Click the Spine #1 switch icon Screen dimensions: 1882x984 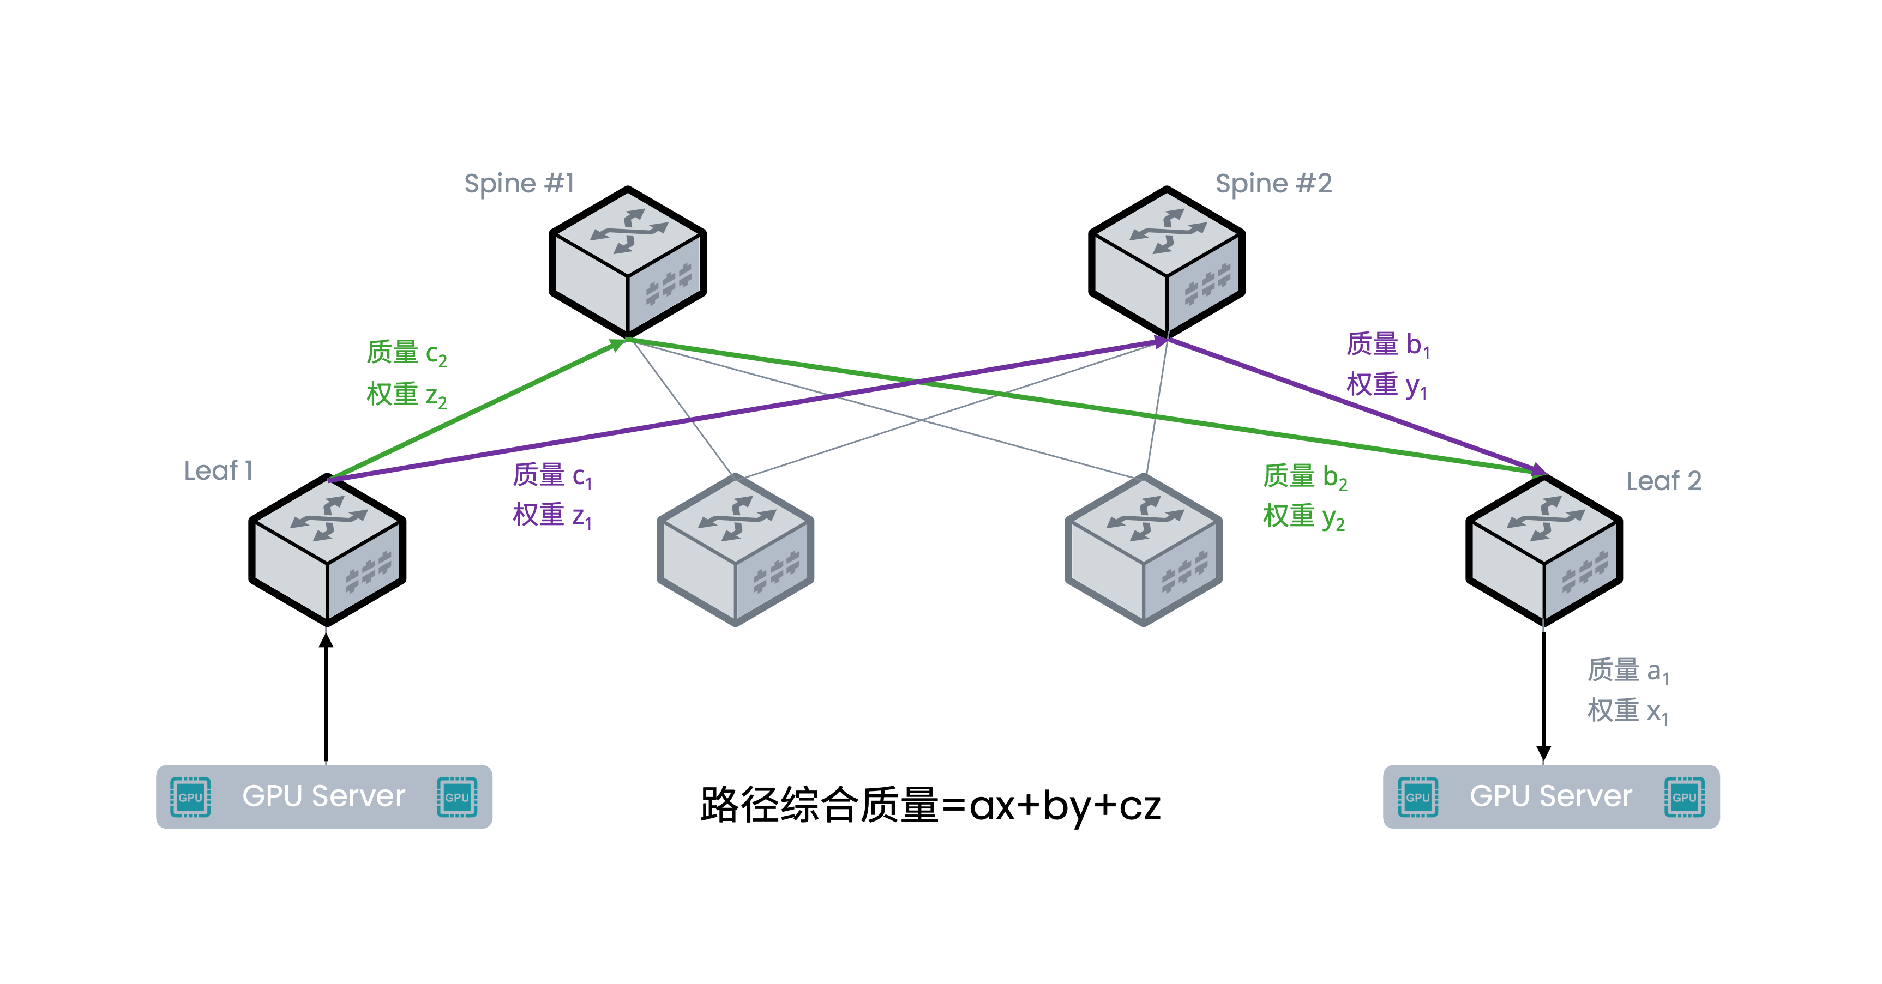coord(628,262)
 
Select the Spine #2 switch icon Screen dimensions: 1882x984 coord(1167,262)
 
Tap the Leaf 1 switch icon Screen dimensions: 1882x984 coord(327,550)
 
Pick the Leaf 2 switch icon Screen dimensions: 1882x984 coord(1544,550)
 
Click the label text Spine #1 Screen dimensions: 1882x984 coord(520,183)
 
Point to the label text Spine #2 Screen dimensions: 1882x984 coord(1273,183)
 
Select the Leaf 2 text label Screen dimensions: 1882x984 coord(1663,481)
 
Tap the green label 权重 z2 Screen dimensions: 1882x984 coord(407,395)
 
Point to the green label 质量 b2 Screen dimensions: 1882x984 coord(1305,476)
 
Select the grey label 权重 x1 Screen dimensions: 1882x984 coord(1628,711)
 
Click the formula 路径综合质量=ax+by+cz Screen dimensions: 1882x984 coord(930,805)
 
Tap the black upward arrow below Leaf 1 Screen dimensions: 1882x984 coord(326,698)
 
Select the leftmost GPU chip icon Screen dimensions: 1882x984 coord(190,797)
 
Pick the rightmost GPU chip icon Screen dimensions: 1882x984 coord(1684,797)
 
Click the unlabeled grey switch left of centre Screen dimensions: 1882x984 coord(735,550)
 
